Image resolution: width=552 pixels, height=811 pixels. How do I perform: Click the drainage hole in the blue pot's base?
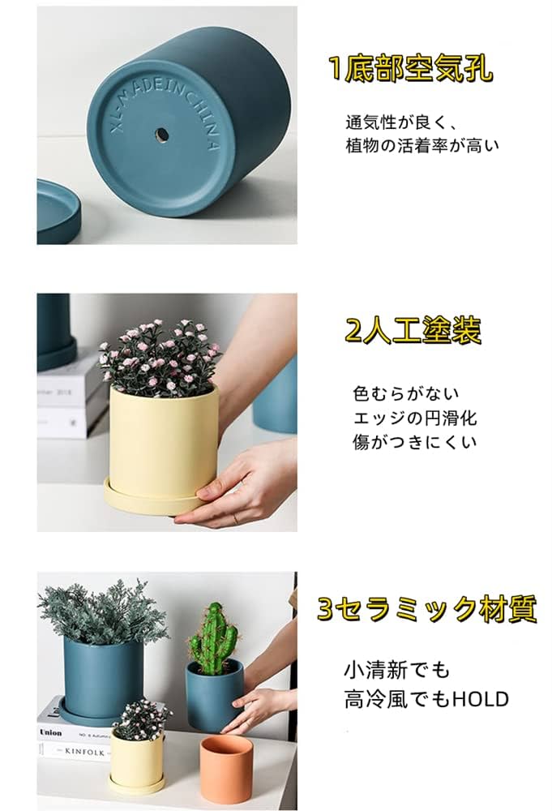[x=160, y=133]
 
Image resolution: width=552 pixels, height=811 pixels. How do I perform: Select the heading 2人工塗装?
[x=413, y=331]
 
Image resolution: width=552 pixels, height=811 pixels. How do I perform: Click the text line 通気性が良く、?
[x=403, y=123]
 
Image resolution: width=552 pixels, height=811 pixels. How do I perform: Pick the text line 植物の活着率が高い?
[x=422, y=146]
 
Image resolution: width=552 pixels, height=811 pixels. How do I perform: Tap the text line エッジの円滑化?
[x=415, y=418]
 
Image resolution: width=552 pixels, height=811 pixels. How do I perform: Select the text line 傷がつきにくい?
[x=415, y=443]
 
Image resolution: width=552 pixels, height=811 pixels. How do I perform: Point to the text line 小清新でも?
[x=396, y=672]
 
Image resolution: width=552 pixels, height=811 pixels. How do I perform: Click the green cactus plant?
[x=212, y=637]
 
